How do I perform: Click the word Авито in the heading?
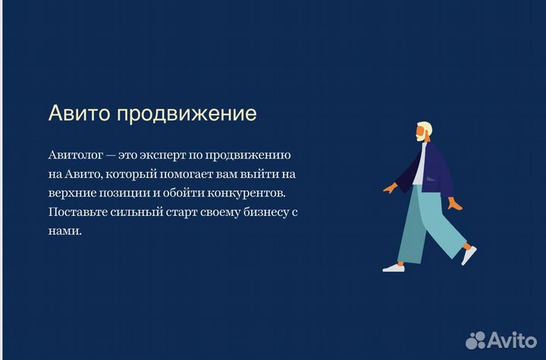[79, 114]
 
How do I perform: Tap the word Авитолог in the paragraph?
[74, 155]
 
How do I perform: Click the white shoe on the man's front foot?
[394, 267]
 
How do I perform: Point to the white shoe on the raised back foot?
[469, 255]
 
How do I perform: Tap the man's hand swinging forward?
[390, 186]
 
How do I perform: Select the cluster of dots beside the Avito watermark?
[475, 339]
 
